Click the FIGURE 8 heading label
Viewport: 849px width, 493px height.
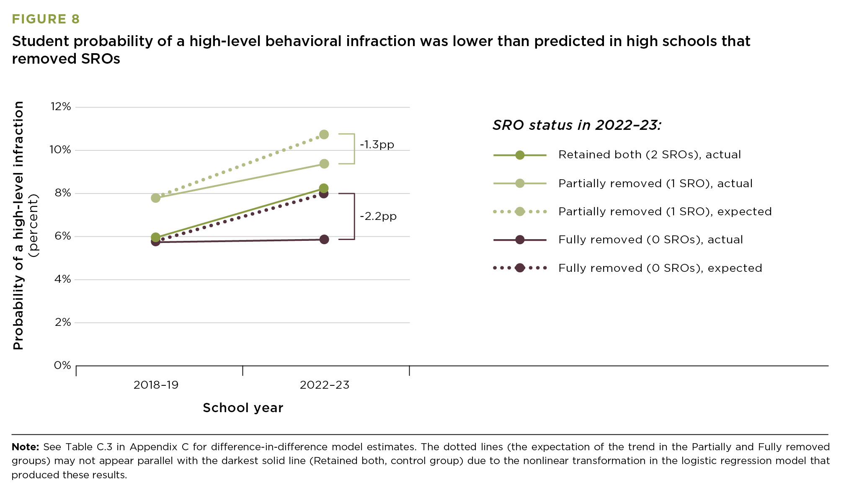[46, 19]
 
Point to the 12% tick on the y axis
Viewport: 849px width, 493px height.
[61, 107]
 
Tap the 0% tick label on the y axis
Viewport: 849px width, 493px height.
[62, 365]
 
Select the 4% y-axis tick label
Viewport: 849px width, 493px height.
[62, 279]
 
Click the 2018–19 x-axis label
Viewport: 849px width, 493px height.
[156, 385]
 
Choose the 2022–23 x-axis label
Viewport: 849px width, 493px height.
[324, 385]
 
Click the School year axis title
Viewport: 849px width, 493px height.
[243, 408]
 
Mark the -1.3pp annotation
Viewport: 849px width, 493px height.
[377, 145]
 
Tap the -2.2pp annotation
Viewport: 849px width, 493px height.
[378, 217]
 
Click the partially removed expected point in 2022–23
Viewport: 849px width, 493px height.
[324, 134]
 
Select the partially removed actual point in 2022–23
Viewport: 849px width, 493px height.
[324, 164]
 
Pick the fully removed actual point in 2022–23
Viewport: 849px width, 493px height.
[324, 240]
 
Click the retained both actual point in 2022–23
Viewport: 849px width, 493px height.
[323, 188]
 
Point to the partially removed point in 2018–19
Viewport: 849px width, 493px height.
[155, 198]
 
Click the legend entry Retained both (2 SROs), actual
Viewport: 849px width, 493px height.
[649, 155]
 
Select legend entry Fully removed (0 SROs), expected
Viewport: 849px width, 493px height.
[660, 268]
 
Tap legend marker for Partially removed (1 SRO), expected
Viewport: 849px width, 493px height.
[519, 212]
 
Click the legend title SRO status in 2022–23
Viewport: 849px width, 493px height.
[576, 125]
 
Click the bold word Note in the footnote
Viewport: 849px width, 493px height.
[25, 447]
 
